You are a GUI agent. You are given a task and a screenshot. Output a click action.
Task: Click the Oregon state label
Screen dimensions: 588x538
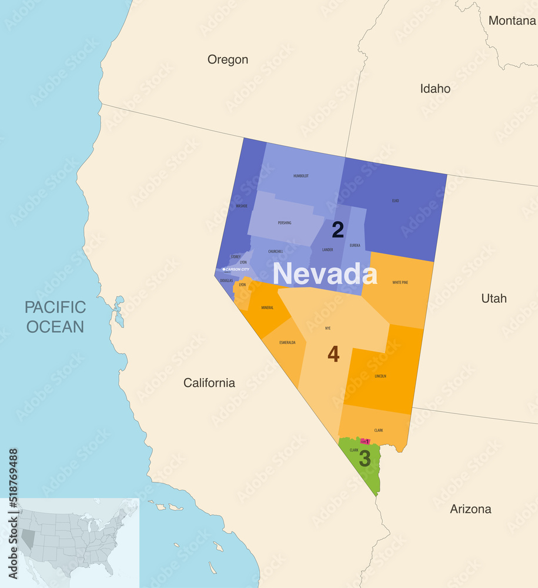pos(228,59)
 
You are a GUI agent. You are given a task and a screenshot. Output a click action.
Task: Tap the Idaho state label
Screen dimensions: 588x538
pos(435,89)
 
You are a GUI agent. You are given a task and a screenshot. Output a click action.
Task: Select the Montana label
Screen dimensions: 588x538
pos(512,21)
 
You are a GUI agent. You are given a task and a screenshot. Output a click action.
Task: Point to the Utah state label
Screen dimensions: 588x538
pos(494,298)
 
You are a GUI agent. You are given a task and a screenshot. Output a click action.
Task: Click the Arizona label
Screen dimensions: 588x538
pos(470,509)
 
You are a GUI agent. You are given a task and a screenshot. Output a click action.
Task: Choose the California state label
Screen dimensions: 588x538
pos(209,383)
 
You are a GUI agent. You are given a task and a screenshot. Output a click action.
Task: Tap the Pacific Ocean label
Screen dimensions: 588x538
pos(55,317)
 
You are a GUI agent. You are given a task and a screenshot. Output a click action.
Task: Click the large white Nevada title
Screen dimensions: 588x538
pos(325,274)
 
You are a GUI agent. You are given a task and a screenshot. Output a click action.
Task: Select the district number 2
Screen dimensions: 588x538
pos(337,230)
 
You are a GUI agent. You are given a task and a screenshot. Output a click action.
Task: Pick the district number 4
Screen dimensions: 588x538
pos(333,355)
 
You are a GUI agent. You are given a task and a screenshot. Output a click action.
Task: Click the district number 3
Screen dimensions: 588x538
pos(365,459)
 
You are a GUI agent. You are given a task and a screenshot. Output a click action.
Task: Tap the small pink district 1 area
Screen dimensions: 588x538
pos(365,441)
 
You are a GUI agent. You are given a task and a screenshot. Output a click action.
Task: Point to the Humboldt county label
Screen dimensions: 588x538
pos(300,176)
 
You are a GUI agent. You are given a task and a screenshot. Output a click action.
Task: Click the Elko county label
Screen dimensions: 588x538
pos(395,201)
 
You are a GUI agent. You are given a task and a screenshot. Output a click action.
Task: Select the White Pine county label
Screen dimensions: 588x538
pos(400,282)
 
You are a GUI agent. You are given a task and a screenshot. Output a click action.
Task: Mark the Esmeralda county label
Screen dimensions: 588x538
pos(288,342)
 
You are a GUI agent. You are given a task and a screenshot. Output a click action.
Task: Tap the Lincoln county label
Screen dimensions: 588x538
pos(380,376)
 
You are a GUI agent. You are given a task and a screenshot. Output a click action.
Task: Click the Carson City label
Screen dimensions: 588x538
pos(237,269)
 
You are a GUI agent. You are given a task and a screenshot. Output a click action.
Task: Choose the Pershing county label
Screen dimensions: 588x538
pos(285,223)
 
